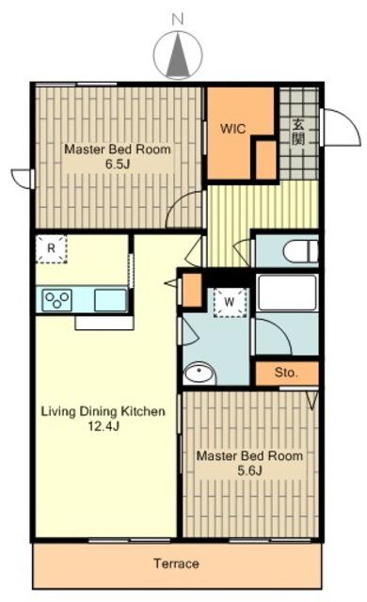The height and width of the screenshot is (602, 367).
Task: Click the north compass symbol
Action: [x=178, y=55]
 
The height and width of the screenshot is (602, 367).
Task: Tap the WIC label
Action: [x=232, y=129]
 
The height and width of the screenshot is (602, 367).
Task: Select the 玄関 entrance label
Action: [x=298, y=132]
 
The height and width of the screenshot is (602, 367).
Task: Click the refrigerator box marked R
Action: [x=51, y=248]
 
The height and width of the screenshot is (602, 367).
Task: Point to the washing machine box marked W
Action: [x=230, y=302]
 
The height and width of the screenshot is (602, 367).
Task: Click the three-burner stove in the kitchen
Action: [x=57, y=300]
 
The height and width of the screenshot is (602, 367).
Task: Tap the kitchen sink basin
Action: [x=110, y=300]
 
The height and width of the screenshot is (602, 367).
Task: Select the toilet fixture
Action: [x=300, y=252]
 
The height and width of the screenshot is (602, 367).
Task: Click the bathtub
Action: [x=287, y=293]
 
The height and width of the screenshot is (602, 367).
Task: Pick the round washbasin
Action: [x=199, y=373]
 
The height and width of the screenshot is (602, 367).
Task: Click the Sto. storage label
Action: [x=286, y=372]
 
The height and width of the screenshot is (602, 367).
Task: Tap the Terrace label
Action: [x=176, y=563]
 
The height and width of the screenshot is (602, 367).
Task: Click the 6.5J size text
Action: [x=118, y=165]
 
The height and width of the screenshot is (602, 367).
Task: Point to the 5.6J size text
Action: [x=249, y=470]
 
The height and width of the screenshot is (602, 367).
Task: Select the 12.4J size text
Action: [x=104, y=426]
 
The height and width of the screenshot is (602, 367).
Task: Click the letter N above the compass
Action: [x=177, y=20]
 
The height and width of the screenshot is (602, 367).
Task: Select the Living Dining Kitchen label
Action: [x=104, y=411]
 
